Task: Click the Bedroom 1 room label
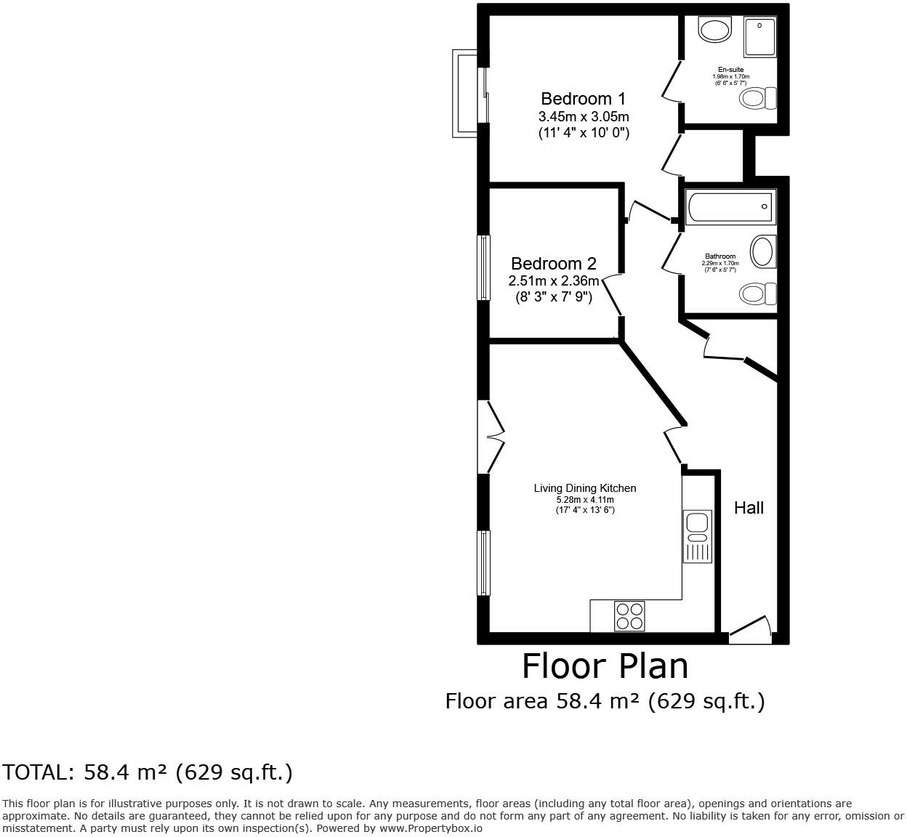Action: click(x=583, y=99)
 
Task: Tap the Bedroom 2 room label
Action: click(x=553, y=264)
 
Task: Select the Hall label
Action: click(x=749, y=508)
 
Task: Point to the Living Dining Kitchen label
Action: click(x=585, y=488)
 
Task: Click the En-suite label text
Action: click(x=730, y=70)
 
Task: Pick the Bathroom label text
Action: click(x=719, y=256)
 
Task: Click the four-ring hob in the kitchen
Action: click(x=629, y=616)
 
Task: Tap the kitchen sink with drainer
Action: click(x=697, y=535)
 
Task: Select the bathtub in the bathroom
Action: click(x=730, y=207)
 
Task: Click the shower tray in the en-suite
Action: click(x=759, y=37)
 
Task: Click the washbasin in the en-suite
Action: click(x=714, y=30)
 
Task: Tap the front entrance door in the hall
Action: click(x=750, y=630)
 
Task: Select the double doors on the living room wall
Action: click(x=491, y=437)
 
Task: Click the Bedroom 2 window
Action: click(x=483, y=267)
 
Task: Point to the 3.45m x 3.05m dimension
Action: click(x=583, y=116)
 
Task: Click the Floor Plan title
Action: click(x=605, y=666)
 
